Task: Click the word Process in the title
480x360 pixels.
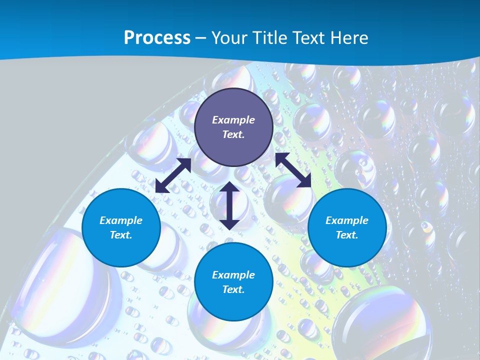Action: (x=157, y=37)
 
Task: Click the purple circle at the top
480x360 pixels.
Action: (x=233, y=127)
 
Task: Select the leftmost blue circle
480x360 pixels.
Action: (x=121, y=227)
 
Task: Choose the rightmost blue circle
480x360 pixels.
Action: (x=347, y=227)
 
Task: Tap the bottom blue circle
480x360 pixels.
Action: (x=233, y=282)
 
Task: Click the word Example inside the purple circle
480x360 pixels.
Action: (x=233, y=120)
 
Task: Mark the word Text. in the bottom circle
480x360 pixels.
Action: (x=233, y=289)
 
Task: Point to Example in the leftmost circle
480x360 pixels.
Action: (x=121, y=220)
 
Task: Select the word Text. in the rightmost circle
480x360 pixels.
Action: (x=347, y=235)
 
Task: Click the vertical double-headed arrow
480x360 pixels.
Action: (x=229, y=205)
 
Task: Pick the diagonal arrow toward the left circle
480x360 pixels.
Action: (x=173, y=175)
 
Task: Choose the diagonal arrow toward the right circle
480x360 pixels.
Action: (x=293, y=170)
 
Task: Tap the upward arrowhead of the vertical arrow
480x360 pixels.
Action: (x=229, y=186)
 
